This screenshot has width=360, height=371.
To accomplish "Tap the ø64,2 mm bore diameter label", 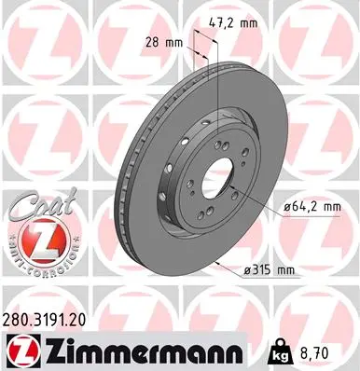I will point(306,210).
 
